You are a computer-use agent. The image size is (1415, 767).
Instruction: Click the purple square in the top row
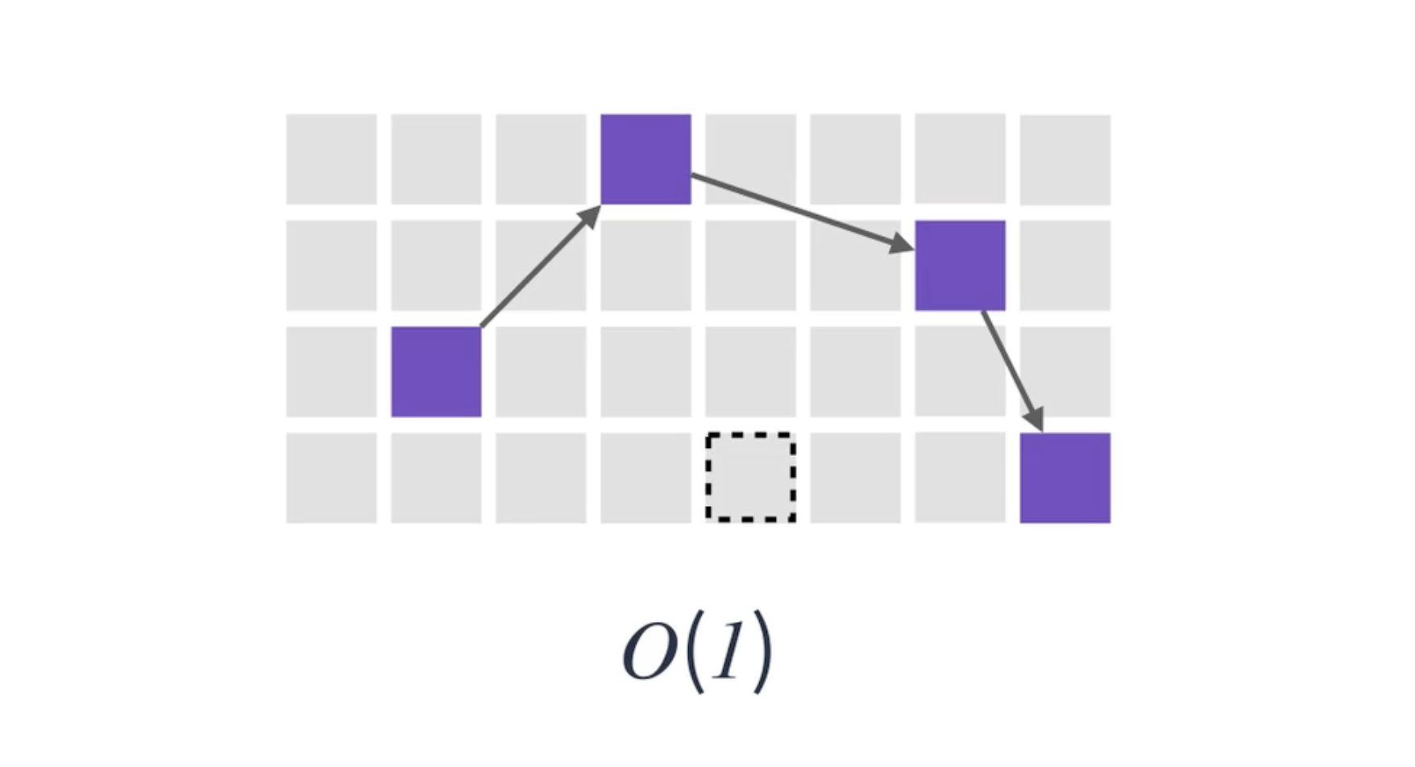[645, 159]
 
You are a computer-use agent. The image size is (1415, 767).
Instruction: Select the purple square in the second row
[960, 265]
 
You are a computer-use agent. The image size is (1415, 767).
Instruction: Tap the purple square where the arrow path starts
[436, 371]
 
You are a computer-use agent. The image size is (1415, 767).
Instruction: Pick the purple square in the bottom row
[1064, 478]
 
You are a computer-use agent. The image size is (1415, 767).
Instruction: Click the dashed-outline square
[750, 478]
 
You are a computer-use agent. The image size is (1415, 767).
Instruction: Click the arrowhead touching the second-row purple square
[902, 244]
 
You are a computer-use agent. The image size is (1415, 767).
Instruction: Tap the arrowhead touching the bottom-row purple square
[1035, 420]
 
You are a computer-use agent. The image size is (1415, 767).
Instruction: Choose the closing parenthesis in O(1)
[761, 654]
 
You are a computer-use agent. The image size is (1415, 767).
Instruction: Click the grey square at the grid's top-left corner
[331, 159]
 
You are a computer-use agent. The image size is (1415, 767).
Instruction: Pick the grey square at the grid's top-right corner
[1064, 159]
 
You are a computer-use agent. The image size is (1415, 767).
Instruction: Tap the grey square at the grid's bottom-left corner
[331, 478]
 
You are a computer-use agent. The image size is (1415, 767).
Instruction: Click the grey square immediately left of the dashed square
[645, 478]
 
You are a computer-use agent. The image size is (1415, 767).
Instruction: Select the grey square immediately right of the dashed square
[855, 478]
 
